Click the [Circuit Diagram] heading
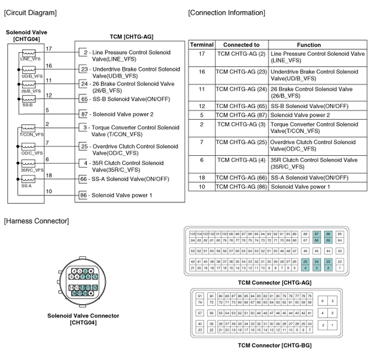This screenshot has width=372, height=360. (x=30, y=12)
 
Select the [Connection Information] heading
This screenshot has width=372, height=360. (x=226, y=12)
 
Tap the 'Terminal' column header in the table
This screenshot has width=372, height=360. (x=201, y=45)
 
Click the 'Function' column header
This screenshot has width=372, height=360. (x=308, y=45)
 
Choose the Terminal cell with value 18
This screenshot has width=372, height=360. (x=201, y=177)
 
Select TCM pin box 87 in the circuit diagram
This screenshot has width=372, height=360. (x=84, y=114)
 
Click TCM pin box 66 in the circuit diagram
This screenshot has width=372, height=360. (x=84, y=179)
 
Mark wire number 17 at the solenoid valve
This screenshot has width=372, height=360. (x=49, y=48)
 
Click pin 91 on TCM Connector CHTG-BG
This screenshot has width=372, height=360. (x=200, y=295)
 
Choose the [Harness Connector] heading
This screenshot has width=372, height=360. (x=37, y=221)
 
